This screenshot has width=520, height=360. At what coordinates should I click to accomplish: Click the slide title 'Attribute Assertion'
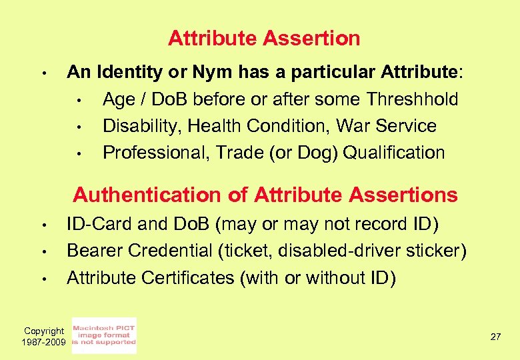[264, 38]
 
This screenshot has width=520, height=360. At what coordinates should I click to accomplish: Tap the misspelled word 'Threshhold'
[412, 99]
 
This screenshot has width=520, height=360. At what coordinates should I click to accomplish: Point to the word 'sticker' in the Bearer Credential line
[436, 251]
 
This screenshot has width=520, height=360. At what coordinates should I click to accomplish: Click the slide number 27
[495, 337]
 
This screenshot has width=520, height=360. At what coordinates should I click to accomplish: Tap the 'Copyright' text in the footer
[44, 331]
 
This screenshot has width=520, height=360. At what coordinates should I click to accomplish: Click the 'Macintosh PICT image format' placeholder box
[104, 335]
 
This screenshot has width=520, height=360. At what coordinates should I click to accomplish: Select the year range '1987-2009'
[44, 342]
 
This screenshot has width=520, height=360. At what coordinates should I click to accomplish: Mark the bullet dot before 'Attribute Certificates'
[41, 278]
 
